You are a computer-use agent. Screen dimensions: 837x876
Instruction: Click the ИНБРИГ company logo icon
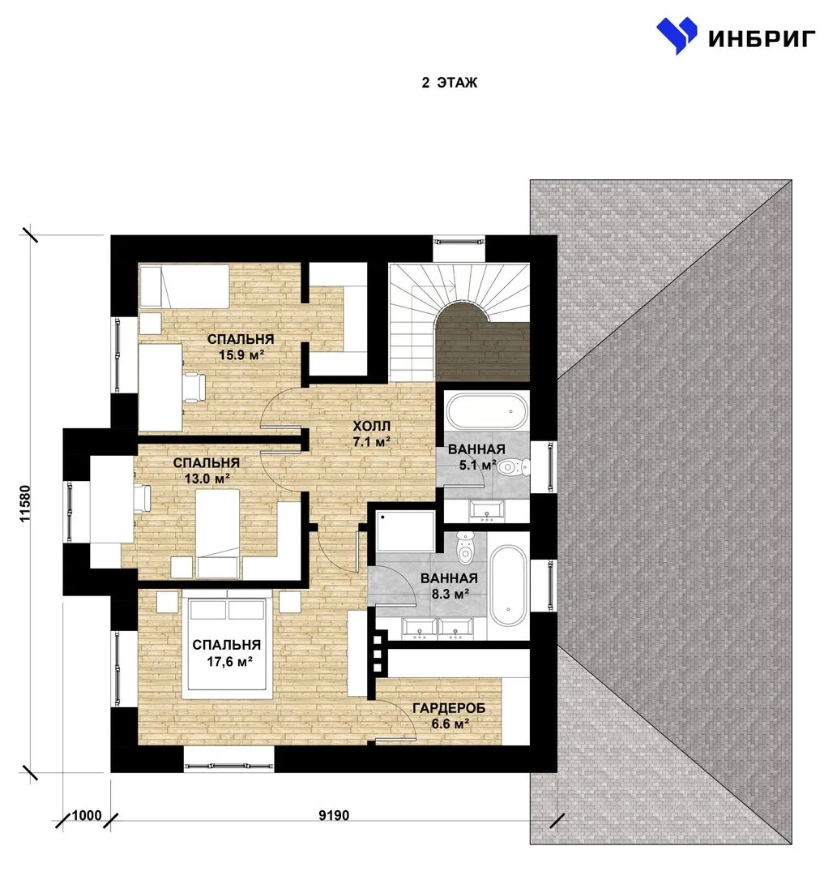pyautogui.click(x=677, y=36)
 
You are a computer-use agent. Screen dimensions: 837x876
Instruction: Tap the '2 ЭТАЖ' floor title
pyautogui.click(x=449, y=83)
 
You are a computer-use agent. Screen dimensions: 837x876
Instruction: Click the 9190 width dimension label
pyautogui.click(x=334, y=815)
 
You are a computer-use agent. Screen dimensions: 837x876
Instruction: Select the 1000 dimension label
pyautogui.click(x=87, y=815)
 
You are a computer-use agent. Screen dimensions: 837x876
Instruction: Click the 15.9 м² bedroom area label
pyautogui.click(x=241, y=354)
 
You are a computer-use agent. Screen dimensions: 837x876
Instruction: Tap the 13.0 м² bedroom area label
pyautogui.click(x=207, y=479)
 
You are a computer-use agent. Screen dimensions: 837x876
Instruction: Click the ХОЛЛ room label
pyautogui.click(x=372, y=426)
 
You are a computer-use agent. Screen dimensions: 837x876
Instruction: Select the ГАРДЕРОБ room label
pyautogui.click(x=449, y=708)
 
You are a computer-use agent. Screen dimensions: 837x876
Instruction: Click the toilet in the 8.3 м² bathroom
pyautogui.click(x=464, y=547)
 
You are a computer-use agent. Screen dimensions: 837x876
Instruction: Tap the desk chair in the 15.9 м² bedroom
pyautogui.click(x=193, y=386)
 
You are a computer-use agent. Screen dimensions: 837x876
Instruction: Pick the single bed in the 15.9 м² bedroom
pyautogui.click(x=185, y=286)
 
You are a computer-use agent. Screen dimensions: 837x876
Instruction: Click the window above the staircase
pyautogui.click(x=459, y=243)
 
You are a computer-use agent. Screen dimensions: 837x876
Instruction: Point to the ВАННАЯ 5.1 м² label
pyautogui.click(x=477, y=457)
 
